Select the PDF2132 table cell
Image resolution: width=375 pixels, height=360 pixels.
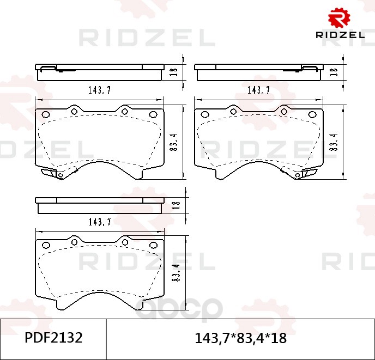click(53, 338)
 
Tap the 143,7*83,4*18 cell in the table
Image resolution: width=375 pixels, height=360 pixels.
click(240, 338)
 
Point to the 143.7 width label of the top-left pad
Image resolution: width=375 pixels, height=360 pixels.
click(99, 90)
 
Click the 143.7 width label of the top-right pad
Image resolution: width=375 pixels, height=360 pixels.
click(259, 90)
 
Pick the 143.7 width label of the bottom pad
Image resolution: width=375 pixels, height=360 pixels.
click(99, 221)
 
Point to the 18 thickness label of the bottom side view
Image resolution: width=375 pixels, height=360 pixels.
click(175, 205)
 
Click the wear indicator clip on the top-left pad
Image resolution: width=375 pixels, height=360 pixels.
click(50, 173)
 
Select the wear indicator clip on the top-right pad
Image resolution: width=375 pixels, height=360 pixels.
click(308, 173)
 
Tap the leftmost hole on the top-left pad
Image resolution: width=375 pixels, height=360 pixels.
click(46, 115)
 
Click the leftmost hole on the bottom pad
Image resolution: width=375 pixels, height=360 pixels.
click(46, 245)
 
